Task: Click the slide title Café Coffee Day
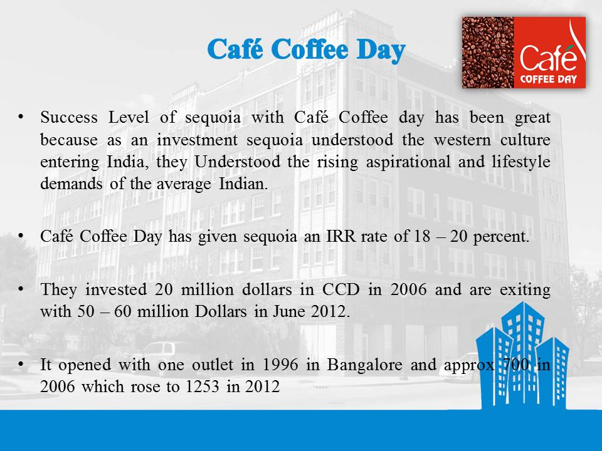[x=306, y=50]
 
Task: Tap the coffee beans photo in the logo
[x=488, y=53]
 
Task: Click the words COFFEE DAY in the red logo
[x=548, y=80]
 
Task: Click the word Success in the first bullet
[x=69, y=117]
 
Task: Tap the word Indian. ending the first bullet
[x=243, y=184]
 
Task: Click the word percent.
[x=502, y=237]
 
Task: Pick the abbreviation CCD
[x=341, y=289]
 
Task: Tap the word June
[x=290, y=311]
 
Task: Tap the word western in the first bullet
[x=462, y=140]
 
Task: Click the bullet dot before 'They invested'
[x=21, y=288]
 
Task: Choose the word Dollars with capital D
[x=220, y=311]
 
